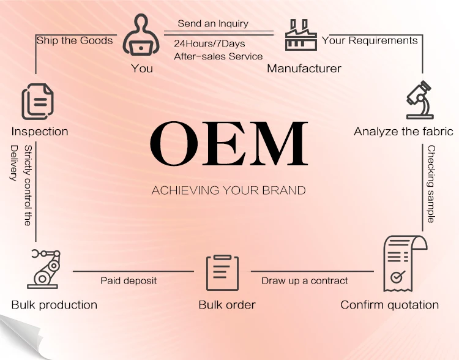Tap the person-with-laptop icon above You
click(x=141, y=36)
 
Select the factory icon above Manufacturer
click(x=302, y=35)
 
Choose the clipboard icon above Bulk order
click(x=223, y=272)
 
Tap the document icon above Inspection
click(x=37, y=100)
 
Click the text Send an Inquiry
click(x=213, y=24)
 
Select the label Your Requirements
click(x=370, y=40)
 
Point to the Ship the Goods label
click(x=75, y=40)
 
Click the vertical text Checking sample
click(x=431, y=184)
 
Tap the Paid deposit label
click(x=129, y=280)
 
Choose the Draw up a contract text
click(x=305, y=280)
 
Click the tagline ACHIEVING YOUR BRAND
click(x=228, y=190)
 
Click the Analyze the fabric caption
click(x=403, y=132)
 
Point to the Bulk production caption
click(x=54, y=304)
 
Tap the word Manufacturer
click(x=304, y=69)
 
